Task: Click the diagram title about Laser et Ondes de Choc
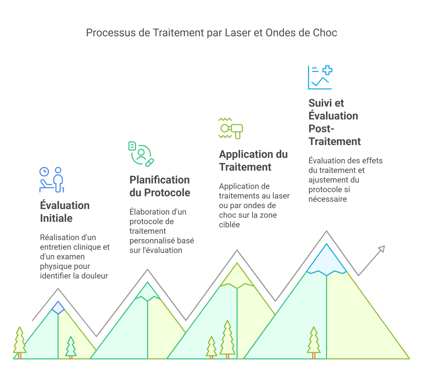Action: [x=211, y=33]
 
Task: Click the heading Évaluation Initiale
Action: [x=65, y=212]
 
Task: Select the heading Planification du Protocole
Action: [x=160, y=186]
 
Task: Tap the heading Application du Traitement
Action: [x=253, y=161]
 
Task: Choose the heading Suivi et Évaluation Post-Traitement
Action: [x=334, y=122]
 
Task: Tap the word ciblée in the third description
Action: [x=229, y=224]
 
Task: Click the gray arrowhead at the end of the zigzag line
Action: [x=381, y=249]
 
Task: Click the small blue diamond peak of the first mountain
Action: [x=58, y=307]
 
